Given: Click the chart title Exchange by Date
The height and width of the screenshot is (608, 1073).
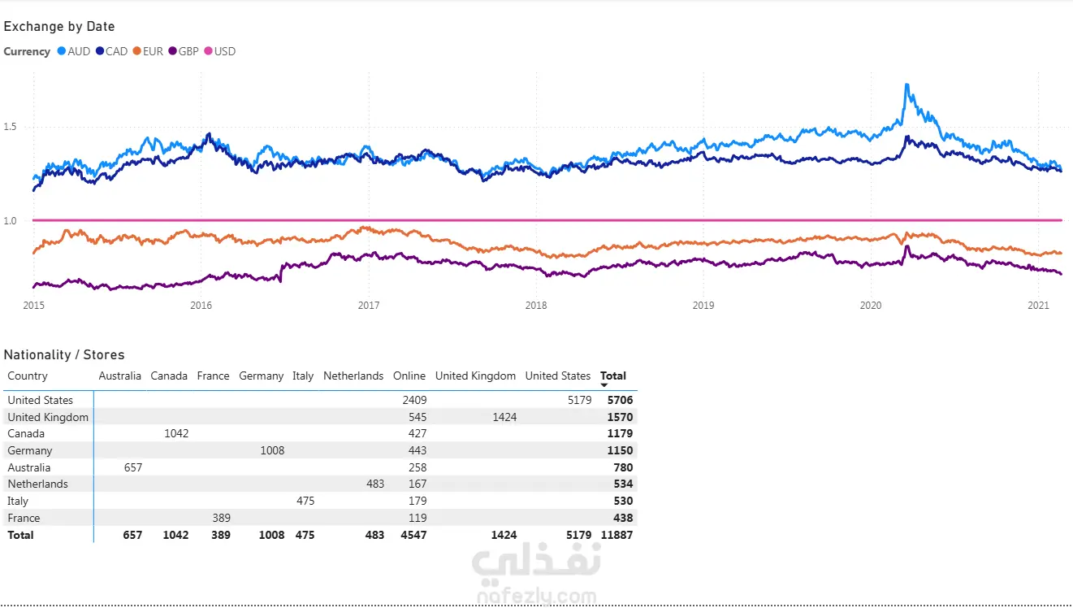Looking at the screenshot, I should pos(59,27).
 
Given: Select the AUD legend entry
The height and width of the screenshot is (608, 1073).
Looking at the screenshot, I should pos(73,51).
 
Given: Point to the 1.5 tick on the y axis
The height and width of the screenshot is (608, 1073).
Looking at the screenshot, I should pos(11,127).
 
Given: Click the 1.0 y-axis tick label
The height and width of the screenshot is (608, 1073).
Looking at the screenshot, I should pos(11,220).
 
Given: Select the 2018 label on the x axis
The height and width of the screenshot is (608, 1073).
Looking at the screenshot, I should pos(536,306).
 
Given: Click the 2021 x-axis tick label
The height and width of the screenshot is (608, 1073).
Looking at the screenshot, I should pos(1039,306).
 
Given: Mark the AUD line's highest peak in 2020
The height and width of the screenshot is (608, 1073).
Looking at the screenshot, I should pos(906,85).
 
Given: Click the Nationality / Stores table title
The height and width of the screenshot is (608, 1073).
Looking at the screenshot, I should pos(64,355).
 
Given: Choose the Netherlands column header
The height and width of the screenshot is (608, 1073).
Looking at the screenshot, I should pos(353,376).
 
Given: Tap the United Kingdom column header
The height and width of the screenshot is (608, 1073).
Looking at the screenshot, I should pos(475,376).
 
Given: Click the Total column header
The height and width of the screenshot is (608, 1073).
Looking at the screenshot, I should pos(613,376).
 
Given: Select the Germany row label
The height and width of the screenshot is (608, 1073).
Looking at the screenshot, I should pos(30,450).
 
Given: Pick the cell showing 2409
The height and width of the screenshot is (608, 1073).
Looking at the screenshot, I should pos(414,400).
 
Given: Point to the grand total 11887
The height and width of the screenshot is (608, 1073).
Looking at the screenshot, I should pos(617,535).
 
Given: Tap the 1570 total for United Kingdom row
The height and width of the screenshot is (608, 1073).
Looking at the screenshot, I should pos(620,417).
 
